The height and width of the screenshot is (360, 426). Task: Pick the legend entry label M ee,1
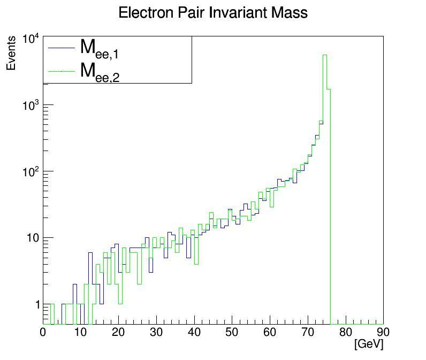(99, 48)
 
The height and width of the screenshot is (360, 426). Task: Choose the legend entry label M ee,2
(99, 71)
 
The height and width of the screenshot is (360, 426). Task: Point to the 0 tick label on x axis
(43, 333)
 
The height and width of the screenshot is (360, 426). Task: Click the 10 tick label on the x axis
(80, 333)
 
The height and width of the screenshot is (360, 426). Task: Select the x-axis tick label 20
(118, 333)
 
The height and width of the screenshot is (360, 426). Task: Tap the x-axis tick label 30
(156, 333)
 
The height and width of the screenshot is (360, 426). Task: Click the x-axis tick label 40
(194, 333)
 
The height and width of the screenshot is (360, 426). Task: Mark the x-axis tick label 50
(232, 333)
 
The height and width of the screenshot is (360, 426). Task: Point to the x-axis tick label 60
(270, 333)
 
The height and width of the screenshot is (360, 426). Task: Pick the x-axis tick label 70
(307, 333)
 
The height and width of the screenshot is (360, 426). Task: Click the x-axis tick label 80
(345, 333)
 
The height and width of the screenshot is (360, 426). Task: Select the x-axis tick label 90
(383, 333)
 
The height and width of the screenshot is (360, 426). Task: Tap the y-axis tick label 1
(38, 304)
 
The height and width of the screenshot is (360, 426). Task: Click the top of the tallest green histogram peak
(325, 55)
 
